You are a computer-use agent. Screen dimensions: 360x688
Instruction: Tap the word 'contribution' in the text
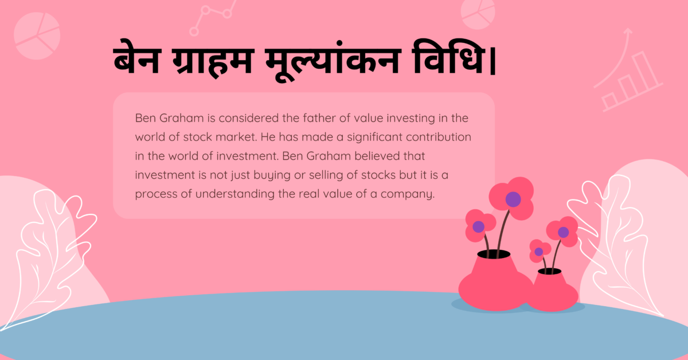pos(437,138)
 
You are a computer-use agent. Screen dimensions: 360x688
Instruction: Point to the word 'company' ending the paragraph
pos(413,194)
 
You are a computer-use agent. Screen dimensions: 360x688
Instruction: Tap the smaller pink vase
pos(552,289)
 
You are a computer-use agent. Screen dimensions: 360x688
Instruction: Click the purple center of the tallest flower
pos(513,199)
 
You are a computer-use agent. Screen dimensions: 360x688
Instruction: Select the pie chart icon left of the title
pos(37,36)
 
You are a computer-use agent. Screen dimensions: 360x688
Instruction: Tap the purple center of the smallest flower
pos(538,251)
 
